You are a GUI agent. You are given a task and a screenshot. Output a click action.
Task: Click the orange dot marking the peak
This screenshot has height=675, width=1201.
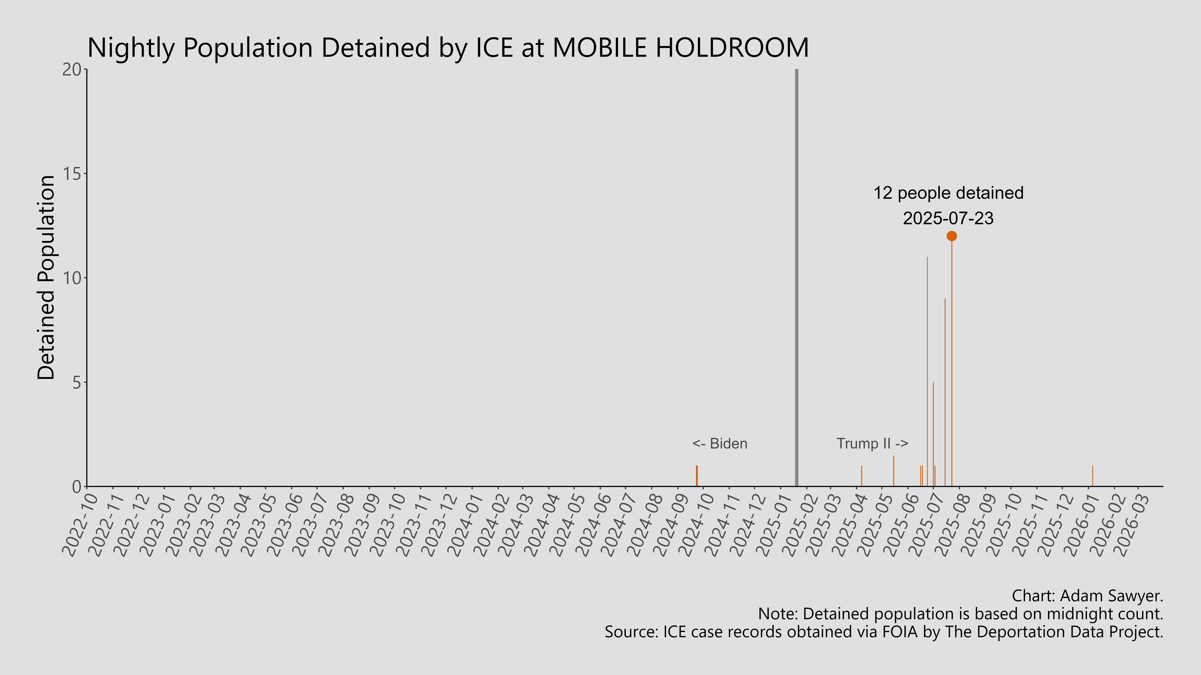(952, 236)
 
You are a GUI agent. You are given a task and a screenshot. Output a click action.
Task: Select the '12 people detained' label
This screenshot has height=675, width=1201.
(948, 193)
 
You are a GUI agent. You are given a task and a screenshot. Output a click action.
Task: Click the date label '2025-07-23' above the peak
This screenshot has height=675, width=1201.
(948, 218)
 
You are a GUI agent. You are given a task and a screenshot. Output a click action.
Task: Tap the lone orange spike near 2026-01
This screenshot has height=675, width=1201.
(1092, 476)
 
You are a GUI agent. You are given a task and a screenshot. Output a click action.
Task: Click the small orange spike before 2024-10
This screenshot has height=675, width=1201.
(697, 476)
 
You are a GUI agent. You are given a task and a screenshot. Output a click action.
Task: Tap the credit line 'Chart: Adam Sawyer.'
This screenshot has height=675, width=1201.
(1087, 596)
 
